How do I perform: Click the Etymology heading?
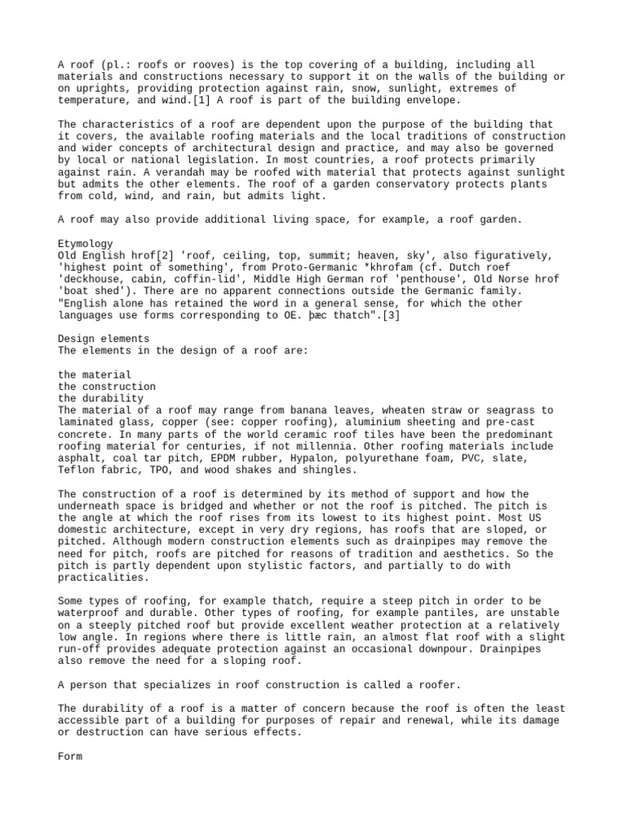click(x=85, y=244)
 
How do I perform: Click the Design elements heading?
click(x=103, y=339)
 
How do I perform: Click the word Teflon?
click(x=76, y=470)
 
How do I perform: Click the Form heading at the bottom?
click(x=71, y=756)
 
